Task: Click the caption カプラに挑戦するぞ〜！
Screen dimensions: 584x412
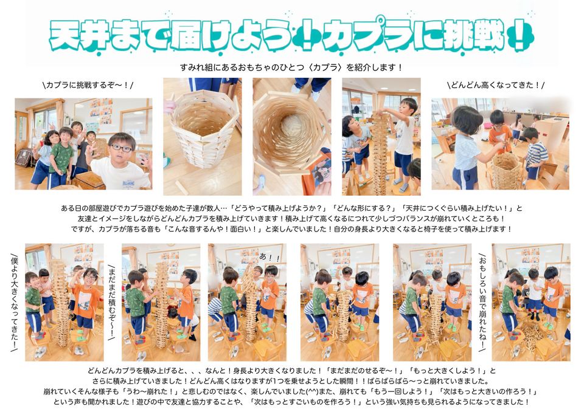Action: [88, 85]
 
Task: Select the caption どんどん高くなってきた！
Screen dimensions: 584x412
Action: [496, 85]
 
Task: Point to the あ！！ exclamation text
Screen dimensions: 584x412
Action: [269, 257]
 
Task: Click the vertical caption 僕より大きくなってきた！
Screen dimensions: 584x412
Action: [15, 302]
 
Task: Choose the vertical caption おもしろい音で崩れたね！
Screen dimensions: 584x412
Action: [482, 302]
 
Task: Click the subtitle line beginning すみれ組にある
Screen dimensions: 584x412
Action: [291, 67]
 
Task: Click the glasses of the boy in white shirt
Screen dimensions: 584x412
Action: [120, 148]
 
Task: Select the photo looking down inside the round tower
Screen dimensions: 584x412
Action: [291, 137]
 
